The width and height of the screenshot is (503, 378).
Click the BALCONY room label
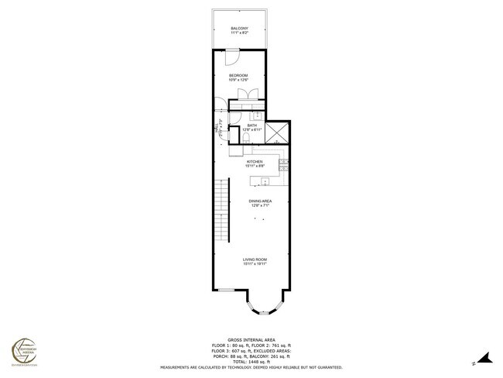pyautogui.click(x=239, y=29)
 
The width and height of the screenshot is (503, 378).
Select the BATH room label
pyautogui.click(x=252, y=125)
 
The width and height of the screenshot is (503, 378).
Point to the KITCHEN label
pyautogui.click(x=255, y=161)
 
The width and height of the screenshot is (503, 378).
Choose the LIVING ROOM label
pyautogui.click(x=255, y=259)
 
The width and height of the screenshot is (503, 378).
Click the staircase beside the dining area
pyautogui.click(x=224, y=209)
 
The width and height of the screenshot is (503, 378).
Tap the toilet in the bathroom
pyautogui.click(x=245, y=137)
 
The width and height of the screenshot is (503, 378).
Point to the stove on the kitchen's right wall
pyautogui.click(x=284, y=163)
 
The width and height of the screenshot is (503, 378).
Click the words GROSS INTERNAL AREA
pyautogui.click(x=252, y=338)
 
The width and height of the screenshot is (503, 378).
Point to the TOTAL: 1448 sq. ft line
pyautogui.click(x=252, y=362)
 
